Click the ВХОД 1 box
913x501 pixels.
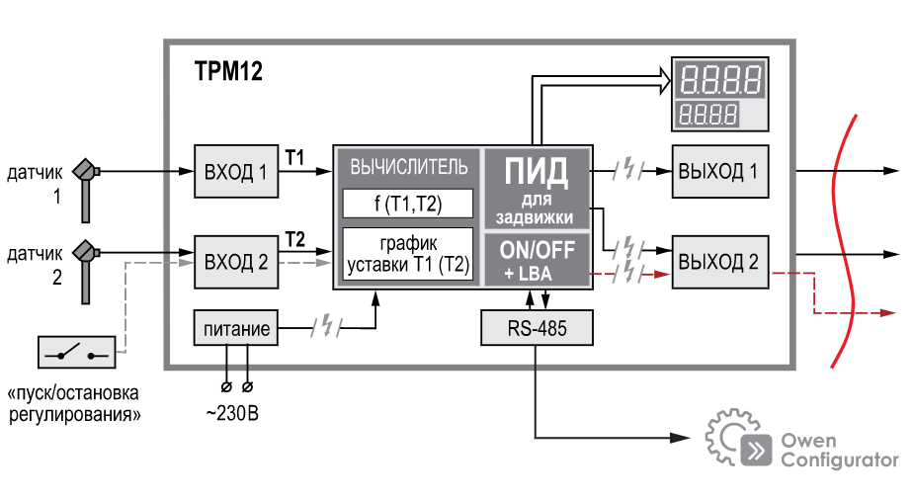click(235, 171)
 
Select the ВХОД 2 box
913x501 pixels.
click(235, 262)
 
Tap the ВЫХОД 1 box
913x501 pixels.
click(718, 171)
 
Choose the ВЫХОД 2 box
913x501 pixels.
click(718, 262)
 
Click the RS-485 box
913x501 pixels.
click(538, 327)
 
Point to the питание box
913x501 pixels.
click(235, 326)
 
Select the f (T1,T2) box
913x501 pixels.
click(407, 204)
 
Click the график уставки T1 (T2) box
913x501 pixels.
click(407, 254)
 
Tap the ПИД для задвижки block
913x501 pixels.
click(537, 188)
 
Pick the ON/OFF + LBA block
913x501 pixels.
click(537, 260)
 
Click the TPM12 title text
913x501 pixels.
click(228, 72)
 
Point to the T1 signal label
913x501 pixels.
click(294, 155)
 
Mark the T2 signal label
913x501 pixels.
click(294, 238)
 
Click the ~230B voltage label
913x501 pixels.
click(233, 412)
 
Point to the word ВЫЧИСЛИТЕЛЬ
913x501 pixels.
click(408, 166)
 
